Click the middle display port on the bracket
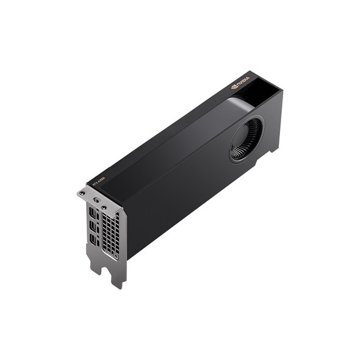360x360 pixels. point(93,226)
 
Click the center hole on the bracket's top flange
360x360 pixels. point(95,200)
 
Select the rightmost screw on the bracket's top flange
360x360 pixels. point(104,207)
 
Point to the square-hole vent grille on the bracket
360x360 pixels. point(110,235)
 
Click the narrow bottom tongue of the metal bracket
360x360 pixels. point(118,278)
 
